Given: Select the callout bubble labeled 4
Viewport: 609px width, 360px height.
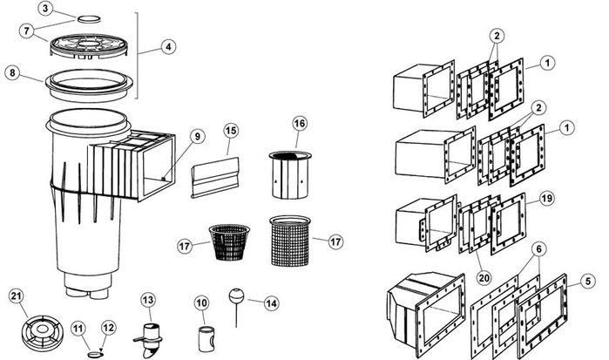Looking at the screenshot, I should [167, 46].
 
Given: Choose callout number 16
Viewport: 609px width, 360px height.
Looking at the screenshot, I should [299, 125].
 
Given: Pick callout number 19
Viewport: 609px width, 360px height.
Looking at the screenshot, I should [545, 198].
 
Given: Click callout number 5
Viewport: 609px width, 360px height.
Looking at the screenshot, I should [589, 281].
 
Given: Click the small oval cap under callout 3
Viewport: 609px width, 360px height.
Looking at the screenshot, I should [90, 17].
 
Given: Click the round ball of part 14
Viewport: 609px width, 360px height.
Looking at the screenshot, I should [234, 295].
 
